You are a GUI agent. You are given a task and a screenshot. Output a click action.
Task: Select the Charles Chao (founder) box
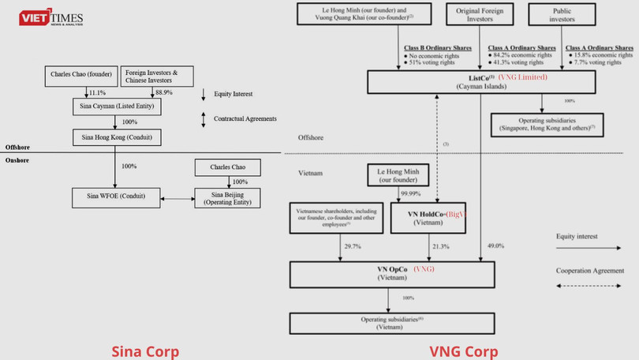82,76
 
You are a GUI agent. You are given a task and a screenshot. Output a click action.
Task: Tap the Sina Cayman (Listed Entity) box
119,105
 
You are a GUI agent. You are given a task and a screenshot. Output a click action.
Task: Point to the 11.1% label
98,92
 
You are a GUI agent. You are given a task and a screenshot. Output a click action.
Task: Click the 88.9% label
163,92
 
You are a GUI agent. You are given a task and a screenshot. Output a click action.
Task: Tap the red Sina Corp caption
145,351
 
